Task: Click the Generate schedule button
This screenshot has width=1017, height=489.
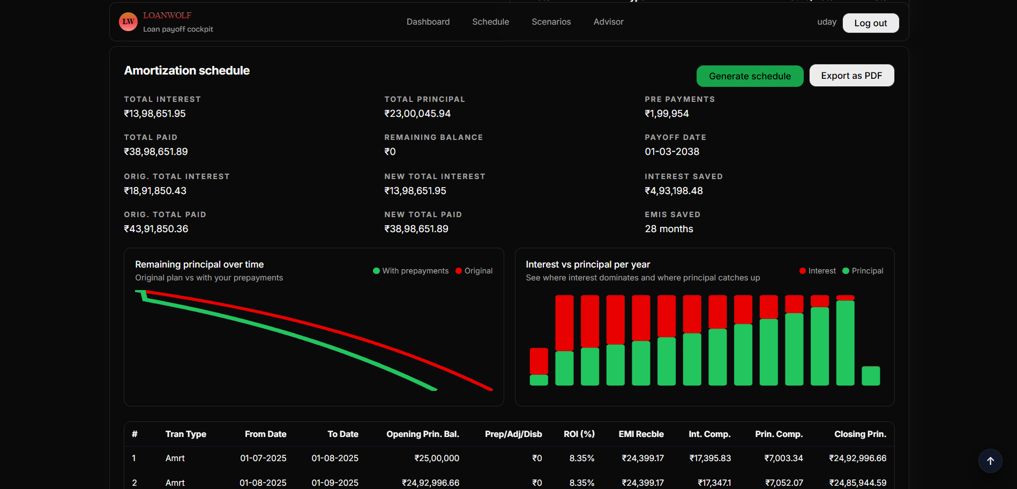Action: [750, 76]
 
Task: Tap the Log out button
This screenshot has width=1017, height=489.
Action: [870, 23]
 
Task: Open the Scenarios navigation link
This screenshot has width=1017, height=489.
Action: [551, 22]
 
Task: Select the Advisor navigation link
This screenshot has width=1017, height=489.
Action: [608, 22]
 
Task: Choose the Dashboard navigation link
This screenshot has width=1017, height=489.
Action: [428, 22]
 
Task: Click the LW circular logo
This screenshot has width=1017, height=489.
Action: [128, 22]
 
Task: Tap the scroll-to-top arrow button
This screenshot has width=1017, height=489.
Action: [990, 461]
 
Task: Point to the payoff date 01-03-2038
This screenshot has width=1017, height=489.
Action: [672, 152]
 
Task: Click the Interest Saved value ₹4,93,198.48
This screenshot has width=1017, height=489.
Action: [674, 191]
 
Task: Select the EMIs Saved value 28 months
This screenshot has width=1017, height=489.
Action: [669, 229]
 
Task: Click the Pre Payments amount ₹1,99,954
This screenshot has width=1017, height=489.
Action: [667, 114]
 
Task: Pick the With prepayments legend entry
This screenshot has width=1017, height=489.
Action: [411, 271]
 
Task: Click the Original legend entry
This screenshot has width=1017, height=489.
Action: [474, 271]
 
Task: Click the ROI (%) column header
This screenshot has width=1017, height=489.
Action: [579, 434]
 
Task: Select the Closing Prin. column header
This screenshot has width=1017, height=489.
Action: [860, 434]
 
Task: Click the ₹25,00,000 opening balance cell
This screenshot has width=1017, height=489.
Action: [436, 458]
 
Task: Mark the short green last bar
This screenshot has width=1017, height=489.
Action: [870, 376]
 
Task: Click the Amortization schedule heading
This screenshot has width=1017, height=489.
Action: [187, 71]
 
